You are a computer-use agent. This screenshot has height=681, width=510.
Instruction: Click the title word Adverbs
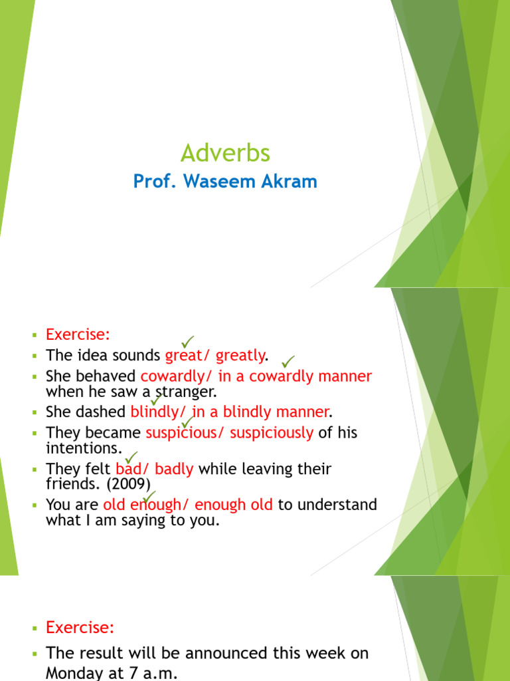tap(225, 154)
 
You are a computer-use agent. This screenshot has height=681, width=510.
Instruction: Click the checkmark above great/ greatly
tap(188, 341)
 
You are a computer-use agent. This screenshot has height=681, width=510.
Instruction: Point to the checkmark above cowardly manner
tap(288, 361)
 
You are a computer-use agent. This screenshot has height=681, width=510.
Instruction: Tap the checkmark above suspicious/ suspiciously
tap(187, 422)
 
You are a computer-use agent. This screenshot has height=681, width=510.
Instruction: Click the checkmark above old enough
tap(148, 496)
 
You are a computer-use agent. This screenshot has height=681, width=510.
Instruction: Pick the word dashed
tap(106, 412)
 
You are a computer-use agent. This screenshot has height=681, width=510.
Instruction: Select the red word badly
tap(174, 469)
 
